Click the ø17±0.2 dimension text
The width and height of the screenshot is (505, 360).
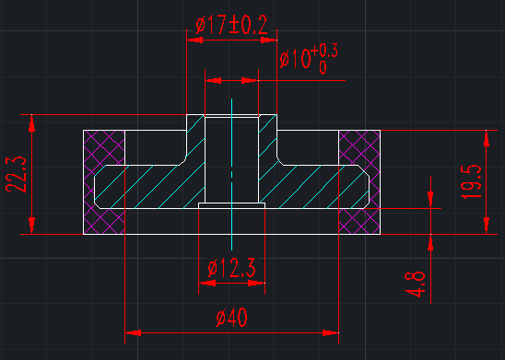231,25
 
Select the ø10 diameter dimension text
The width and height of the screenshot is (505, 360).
295,59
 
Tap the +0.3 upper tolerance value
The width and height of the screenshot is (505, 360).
324,52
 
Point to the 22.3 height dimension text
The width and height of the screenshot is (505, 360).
16,174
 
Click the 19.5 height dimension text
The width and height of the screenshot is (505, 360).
471,181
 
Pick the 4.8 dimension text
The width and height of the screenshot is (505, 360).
415,285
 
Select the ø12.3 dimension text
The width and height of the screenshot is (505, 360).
231,268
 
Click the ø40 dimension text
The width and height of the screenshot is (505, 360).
232,317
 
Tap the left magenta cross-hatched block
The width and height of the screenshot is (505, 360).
104,182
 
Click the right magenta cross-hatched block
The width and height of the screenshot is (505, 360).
359,182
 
